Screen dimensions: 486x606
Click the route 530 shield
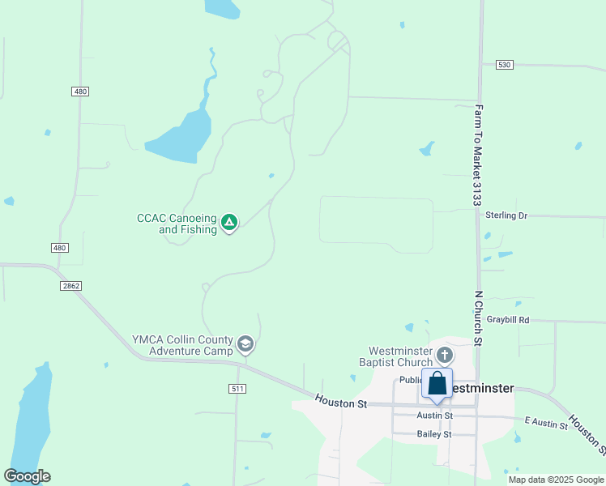click(505, 64)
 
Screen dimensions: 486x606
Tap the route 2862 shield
click(70, 286)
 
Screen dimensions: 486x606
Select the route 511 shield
click(237, 389)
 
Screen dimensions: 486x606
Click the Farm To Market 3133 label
click(479, 155)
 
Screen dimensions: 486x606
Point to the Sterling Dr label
click(506, 215)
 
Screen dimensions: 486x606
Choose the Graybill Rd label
click(507, 320)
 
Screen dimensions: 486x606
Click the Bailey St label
click(434, 434)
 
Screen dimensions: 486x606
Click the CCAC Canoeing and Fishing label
click(177, 224)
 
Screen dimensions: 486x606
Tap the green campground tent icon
click(229, 221)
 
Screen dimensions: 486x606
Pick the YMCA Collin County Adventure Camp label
click(183, 345)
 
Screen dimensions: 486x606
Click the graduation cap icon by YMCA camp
click(245, 345)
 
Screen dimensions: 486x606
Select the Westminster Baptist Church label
click(397, 356)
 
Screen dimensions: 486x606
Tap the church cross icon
click(444, 354)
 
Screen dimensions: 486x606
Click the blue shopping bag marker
click(437, 385)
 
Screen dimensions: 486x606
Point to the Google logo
click(27, 476)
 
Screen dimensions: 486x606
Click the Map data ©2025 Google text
click(555, 480)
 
